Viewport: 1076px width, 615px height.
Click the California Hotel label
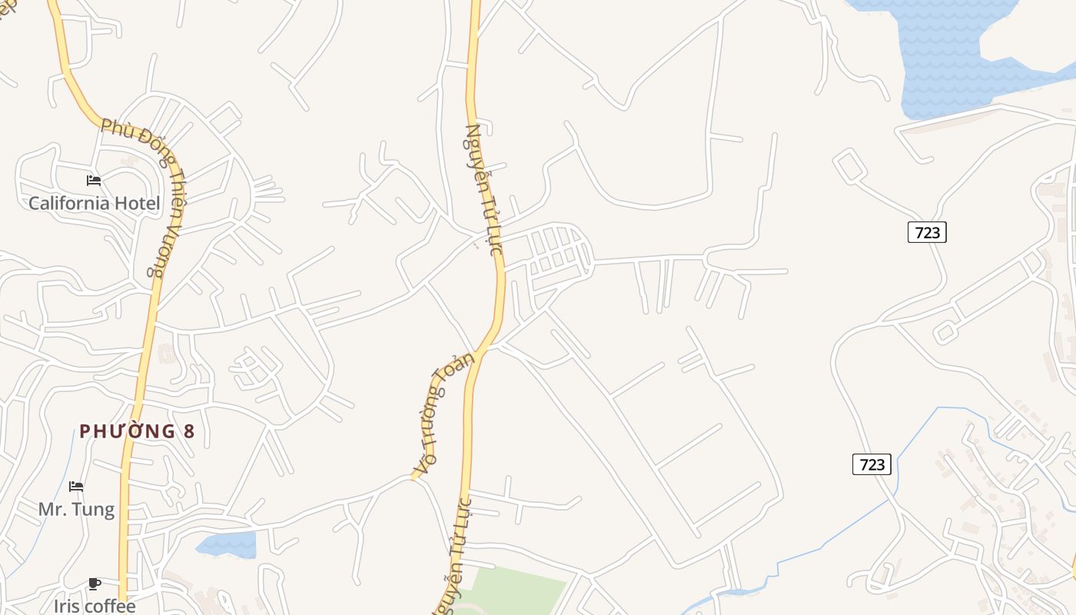tap(94, 204)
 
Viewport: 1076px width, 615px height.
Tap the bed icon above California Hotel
tap(94, 181)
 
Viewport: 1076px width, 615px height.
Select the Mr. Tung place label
tap(76, 509)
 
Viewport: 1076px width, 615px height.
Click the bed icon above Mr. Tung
tap(76, 487)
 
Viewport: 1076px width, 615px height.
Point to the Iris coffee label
tap(95, 606)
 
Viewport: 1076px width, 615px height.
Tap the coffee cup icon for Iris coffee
tap(95, 584)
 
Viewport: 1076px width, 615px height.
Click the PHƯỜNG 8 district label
tap(137, 431)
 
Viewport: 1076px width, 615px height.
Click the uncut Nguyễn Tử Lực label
tap(483, 189)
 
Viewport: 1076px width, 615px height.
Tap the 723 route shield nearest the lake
tap(927, 232)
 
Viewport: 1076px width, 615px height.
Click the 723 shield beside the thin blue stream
tap(872, 464)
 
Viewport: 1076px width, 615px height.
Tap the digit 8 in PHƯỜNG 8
tap(189, 431)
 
